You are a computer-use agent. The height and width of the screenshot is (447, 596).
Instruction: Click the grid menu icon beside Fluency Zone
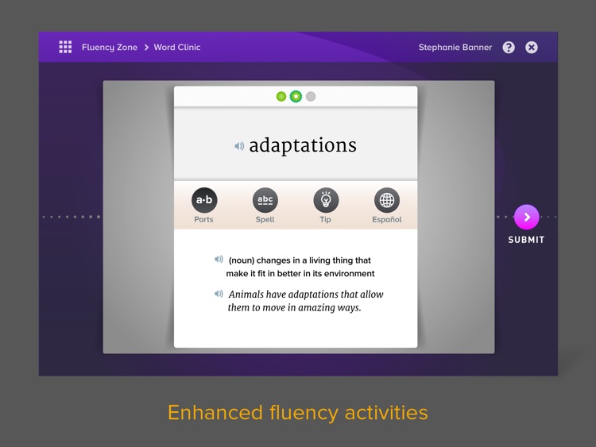(65, 47)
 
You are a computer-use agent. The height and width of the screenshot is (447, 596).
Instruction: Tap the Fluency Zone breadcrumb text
(110, 48)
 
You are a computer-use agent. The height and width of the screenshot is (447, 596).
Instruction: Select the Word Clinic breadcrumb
(177, 47)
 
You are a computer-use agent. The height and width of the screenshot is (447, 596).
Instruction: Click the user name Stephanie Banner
(455, 48)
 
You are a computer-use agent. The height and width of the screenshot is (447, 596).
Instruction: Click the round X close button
(532, 48)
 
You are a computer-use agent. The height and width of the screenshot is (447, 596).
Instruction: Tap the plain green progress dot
(281, 96)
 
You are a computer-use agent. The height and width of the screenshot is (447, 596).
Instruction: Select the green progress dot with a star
(296, 96)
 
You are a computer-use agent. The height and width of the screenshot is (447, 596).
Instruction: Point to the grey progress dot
(311, 96)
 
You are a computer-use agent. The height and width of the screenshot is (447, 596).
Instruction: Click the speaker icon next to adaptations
(239, 146)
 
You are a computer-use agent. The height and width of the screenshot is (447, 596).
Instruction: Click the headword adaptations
(303, 145)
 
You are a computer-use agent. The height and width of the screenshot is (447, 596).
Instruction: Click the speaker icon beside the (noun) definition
(219, 260)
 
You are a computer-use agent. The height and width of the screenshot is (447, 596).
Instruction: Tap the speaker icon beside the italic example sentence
(219, 294)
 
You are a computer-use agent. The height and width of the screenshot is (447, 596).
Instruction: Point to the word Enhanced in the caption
(215, 413)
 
